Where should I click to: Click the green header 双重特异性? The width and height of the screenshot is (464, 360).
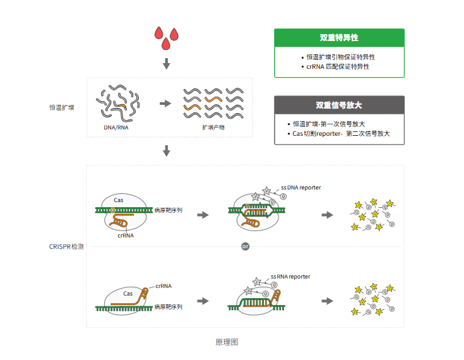point(339,38)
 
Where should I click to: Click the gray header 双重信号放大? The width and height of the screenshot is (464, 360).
point(339,105)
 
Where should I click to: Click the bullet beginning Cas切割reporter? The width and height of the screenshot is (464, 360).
point(342,133)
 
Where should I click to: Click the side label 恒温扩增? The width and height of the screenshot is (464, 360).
point(62,107)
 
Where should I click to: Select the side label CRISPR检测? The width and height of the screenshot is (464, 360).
point(66,246)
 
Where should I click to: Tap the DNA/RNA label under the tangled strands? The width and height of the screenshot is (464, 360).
point(117,127)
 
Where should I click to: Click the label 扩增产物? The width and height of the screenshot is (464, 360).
point(213,127)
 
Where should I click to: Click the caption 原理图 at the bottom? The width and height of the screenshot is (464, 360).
point(226,342)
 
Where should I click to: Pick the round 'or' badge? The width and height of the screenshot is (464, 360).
point(246,246)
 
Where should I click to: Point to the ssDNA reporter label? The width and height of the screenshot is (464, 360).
point(300,188)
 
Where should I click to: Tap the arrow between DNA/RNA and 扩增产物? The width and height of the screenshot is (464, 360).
point(165,103)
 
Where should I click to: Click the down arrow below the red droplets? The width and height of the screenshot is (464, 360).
point(167,64)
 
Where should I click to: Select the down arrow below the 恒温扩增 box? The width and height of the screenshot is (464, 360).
point(167,151)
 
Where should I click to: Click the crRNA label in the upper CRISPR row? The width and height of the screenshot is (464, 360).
point(126,235)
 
